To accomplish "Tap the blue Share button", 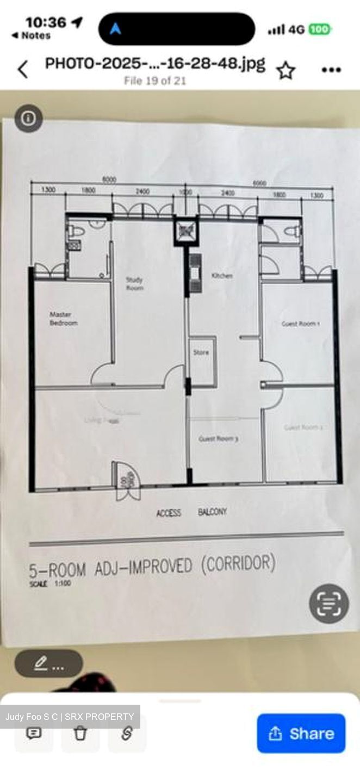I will coord(301,733).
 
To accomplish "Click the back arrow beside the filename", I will coord(23,70).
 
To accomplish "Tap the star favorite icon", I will coord(285,70).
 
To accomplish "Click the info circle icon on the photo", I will coord(28,119).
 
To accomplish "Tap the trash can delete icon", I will coord(80,733).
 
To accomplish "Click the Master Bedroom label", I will coord(64,319).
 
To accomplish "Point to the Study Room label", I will coord(134,284).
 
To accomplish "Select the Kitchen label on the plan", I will coord(222,276).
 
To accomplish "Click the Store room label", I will coord(201,352).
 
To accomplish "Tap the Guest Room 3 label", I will coord(218,438).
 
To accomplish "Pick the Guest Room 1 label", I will coord(300,324).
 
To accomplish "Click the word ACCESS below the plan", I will coord(169,513).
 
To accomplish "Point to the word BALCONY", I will coord(212,512).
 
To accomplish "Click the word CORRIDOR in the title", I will coord(238,564).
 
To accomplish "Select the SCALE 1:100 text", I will coord(50,583).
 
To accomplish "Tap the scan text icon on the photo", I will coord(328,604).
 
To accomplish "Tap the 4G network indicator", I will coord(296,29).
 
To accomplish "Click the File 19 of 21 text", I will coord(155,81).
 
